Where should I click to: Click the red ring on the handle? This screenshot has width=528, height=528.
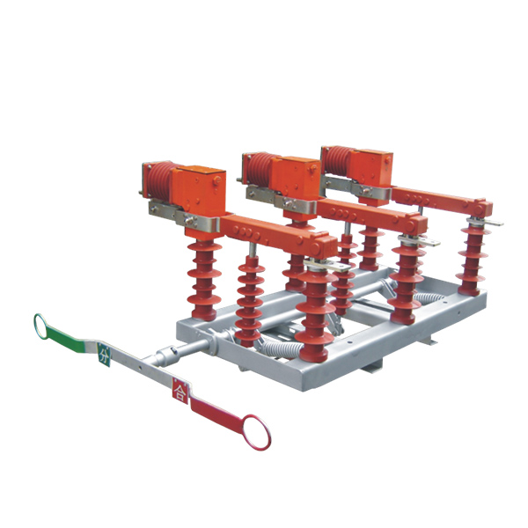pyautogui.click(x=266, y=440)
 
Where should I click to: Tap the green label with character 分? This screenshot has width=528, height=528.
pyautogui.click(x=104, y=355)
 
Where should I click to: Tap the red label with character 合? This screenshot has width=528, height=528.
pyautogui.click(x=180, y=391)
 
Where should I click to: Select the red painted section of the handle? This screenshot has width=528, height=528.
pyautogui.click(x=216, y=414)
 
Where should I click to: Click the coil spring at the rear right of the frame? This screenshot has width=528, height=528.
pyautogui.click(x=429, y=297)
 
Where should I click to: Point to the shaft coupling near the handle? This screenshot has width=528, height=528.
pyautogui.click(x=166, y=356)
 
